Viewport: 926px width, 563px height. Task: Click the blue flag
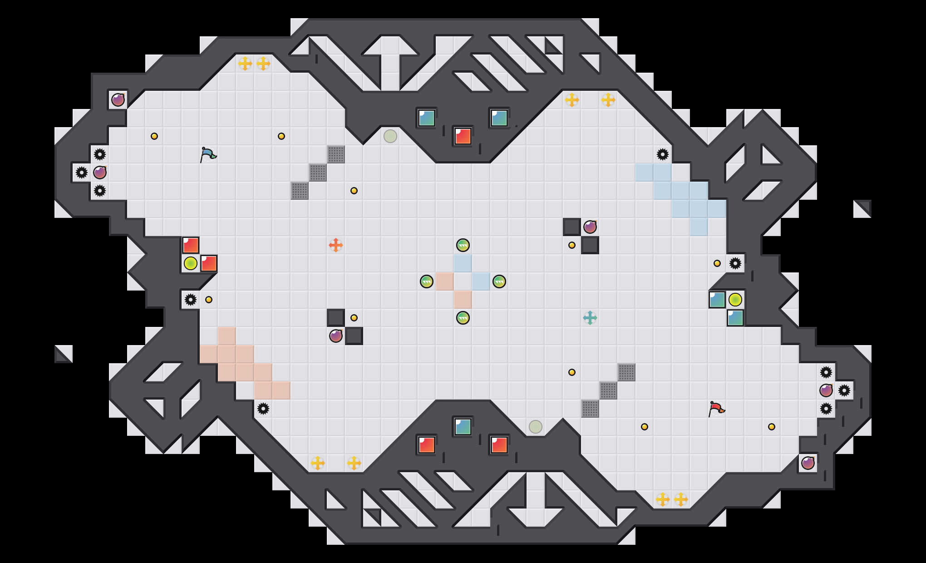click(x=208, y=154)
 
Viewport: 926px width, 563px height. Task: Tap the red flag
click(x=716, y=409)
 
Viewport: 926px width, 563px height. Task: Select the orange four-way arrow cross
click(x=335, y=245)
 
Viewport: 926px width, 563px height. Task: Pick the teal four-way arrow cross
click(x=590, y=318)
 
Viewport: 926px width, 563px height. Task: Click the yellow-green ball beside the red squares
click(x=191, y=263)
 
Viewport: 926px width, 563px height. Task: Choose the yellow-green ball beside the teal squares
click(x=735, y=300)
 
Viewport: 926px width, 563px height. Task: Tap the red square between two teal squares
click(x=463, y=136)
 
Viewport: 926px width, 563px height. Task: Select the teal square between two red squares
click(x=463, y=427)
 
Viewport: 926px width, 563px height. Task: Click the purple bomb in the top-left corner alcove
click(x=118, y=100)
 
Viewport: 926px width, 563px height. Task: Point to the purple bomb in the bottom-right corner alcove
click(x=808, y=463)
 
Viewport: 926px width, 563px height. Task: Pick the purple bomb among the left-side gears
click(x=100, y=173)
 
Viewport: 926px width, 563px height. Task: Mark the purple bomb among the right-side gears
click(x=826, y=390)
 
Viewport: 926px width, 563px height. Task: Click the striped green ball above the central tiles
click(x=463, y=245)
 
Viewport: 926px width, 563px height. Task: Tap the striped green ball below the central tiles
click(x=463, y=318)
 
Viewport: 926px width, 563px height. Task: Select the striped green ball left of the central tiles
click(x=426, y=281)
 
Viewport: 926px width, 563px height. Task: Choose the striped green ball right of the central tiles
click(x=499, y=281)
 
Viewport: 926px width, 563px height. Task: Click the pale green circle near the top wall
click(x=390, y=136)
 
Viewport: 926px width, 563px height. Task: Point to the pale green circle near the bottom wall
click(x=535, y=427)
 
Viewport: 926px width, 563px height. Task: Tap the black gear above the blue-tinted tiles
click(x=662, y=154)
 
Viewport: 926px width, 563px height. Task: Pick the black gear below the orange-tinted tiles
click(x=263, y=409)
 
